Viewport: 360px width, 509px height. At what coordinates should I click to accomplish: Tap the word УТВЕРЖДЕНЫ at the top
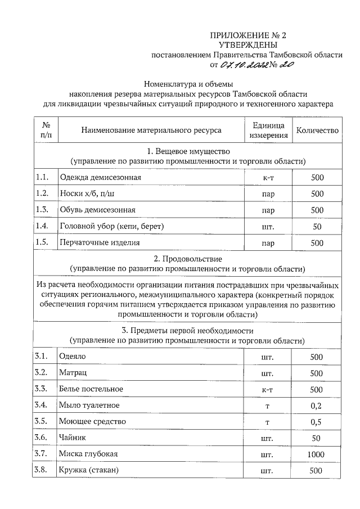coord(247,44)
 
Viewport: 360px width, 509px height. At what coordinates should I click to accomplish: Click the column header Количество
coord(317,130)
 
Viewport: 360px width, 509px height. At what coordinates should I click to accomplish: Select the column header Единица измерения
coord(269,130)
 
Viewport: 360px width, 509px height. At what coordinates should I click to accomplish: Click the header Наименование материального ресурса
coord(151,130)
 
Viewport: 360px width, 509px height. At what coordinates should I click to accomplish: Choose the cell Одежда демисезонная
coord(100,178)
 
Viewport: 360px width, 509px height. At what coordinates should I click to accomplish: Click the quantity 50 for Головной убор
coord(317,227)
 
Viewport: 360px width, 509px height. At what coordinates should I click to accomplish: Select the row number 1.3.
coord(43,210)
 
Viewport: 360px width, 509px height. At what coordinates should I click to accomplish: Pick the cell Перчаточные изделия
coord(99,243)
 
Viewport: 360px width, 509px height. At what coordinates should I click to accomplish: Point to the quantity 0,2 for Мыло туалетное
coord(317,405)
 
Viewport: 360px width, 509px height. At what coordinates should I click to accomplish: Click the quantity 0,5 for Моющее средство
coord(317,421)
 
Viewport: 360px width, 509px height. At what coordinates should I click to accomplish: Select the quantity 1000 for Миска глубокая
coord(317,454)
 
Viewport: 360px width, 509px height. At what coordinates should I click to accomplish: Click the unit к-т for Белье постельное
coord(268,389)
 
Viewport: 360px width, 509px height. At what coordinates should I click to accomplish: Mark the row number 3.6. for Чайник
coord(43,437)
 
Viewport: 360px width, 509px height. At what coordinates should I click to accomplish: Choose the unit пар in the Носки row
coord(268,194)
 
